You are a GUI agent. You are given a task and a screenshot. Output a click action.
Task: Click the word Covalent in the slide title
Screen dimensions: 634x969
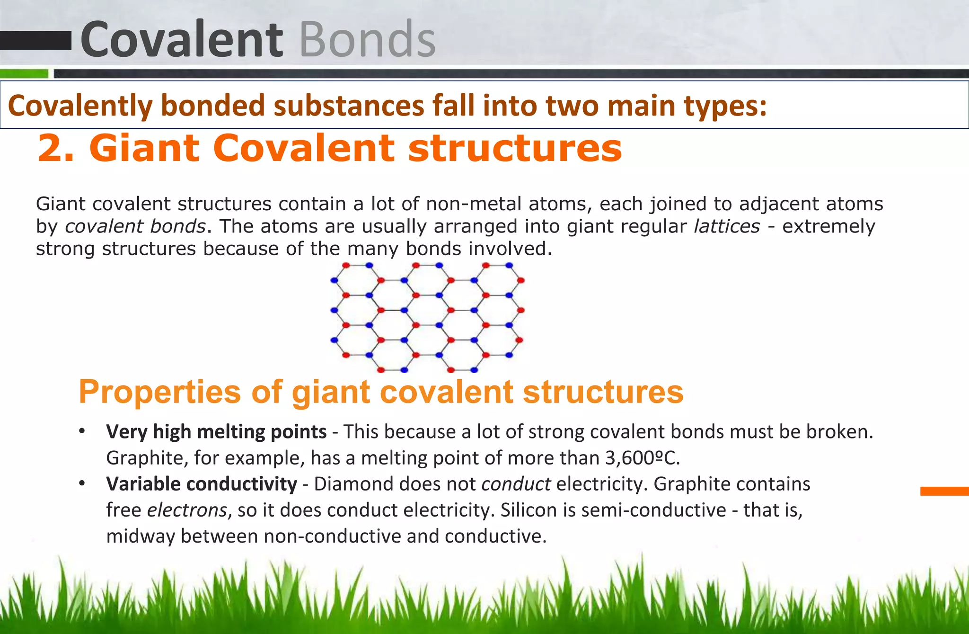coord(182,40)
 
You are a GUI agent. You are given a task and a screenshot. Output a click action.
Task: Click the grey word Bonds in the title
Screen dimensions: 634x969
coord(367,40)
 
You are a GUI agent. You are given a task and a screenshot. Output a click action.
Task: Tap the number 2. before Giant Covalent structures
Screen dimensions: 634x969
coord(56,149)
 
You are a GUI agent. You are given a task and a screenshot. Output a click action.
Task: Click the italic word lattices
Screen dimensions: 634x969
coord(726,226)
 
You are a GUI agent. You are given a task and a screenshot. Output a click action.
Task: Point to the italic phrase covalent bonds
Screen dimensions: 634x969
coord(135,226)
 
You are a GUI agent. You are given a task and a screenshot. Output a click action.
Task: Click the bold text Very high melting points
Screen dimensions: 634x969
coord(216,432)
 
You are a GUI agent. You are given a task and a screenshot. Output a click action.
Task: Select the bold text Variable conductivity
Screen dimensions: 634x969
coord(202,484)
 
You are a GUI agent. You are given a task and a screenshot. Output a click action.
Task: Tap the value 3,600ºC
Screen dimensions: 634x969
coord(642,458)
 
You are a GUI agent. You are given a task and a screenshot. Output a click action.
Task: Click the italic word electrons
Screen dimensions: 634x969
coord(187,510)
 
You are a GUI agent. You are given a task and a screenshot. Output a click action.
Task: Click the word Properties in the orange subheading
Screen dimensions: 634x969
coord(160,392)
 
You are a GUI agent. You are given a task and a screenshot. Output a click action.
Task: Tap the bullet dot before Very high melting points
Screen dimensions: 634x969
coord(82,432)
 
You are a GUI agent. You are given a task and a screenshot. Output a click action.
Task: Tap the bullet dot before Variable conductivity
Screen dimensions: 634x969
coord(82,484)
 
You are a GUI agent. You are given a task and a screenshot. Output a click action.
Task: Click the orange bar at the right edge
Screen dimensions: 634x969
coord(944,491)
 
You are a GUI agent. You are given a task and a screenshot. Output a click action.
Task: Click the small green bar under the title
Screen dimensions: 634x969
coord(24,74)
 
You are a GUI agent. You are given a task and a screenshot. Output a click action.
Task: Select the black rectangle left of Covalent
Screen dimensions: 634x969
coord(35,41)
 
